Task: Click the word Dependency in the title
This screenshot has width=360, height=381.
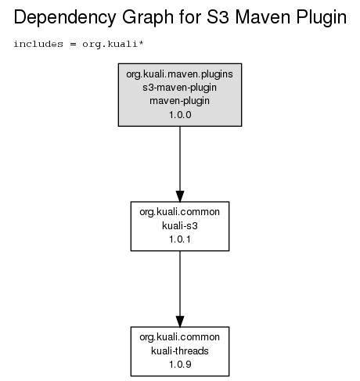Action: (65, 18)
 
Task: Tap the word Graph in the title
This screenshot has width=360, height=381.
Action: (148, 18)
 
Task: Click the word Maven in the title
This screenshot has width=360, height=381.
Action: (263, 17)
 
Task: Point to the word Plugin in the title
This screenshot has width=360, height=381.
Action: (322, 18)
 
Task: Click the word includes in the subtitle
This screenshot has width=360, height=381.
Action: (38, 44)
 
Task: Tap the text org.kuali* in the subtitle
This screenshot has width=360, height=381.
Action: (113, 44)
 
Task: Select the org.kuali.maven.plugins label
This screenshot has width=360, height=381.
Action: (179, 74)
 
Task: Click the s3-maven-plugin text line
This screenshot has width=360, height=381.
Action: (179, 88)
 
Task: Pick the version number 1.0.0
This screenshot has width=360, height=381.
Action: (180, 115)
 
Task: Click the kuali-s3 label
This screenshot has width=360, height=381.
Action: (180, 225)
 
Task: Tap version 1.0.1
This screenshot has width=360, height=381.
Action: (180, 239)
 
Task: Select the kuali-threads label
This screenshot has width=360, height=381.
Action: (180, 350)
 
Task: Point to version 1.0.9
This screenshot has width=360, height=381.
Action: (180, 365)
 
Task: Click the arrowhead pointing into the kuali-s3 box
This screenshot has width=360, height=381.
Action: (180, 196)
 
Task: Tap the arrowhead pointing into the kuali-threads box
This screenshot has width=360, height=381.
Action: (180, 322)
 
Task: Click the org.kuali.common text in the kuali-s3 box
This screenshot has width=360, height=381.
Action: (180, 212)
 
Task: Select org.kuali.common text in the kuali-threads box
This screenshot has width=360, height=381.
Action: (180, 337)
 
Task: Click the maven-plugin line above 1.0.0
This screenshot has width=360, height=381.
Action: (179, 101)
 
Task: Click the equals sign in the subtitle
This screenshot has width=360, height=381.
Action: (73, 44)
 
